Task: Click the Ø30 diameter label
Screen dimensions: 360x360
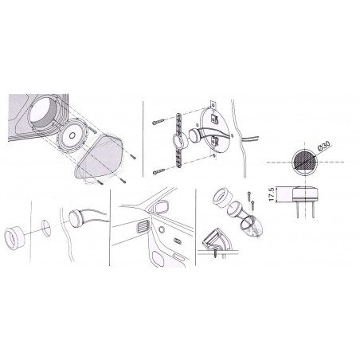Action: pos(323,146)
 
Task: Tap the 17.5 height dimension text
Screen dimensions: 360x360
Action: pos(271,194)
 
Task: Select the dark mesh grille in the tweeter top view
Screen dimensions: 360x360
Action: pos(305,162)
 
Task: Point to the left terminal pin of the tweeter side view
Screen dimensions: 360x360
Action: pos(297,210)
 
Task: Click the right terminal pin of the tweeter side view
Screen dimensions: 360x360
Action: pos(313,210)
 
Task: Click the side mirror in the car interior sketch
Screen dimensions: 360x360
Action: pos(161,207)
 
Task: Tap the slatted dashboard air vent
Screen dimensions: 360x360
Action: pos(143,226)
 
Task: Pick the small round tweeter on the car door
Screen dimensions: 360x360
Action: pos(162,229)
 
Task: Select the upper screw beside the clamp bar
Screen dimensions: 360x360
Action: pos(158,122)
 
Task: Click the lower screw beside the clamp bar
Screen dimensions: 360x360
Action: pos(158,172)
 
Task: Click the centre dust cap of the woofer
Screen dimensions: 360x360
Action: pos(72,135)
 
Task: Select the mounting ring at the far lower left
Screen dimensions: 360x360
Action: pos(15,237)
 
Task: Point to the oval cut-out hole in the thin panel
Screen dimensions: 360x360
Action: pos(46,228)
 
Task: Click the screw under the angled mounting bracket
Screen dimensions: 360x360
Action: pos(216,253)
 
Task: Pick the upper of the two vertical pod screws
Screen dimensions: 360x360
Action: pos(249,196)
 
